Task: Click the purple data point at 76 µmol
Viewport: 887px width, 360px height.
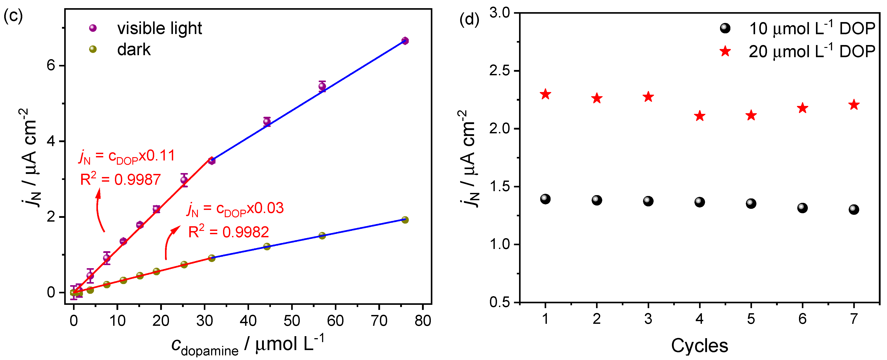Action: click(x=405, y=41)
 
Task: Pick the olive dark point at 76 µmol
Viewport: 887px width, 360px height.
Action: click(x=405, y=220)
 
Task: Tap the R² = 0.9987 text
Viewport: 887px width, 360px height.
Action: click(x=120, y=179)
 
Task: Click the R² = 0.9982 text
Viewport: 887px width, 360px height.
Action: click(x=228, y=232)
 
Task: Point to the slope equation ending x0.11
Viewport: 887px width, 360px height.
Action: click(x=127, y=156)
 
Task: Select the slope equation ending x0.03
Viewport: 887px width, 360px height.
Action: click(x=235, y=208)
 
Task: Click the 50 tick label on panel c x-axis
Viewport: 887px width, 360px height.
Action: click(x=292, y=321)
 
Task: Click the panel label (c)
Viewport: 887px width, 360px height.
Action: click(x=13, y=15)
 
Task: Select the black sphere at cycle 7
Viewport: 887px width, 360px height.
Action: click(x=854, y=209)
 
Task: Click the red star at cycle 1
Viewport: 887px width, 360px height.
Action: click(x=545, y=94)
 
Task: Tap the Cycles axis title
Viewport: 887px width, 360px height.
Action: click(x=699, y=345)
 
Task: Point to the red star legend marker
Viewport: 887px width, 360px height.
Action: click(x=725, y=51)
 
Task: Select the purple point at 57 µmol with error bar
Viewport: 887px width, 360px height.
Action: click(x=322, y=86)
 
